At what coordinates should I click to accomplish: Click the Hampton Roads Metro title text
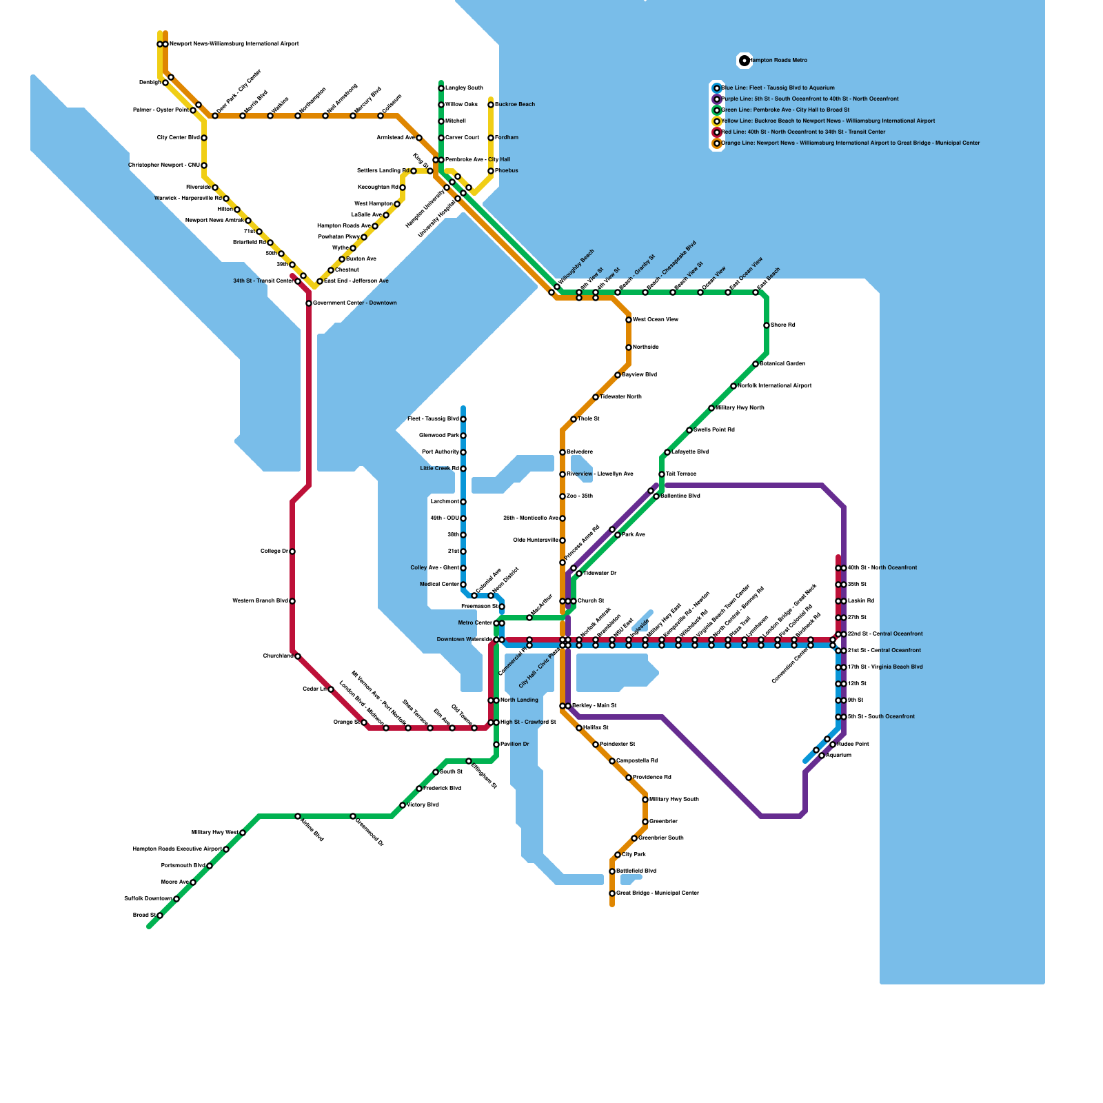778,61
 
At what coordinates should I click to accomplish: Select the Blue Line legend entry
778,88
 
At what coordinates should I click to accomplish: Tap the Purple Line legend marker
717,99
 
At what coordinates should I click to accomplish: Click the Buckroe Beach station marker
491,105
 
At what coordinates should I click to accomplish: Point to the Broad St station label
145,915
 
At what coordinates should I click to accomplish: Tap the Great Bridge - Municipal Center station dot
612,893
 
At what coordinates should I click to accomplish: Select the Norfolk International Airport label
775,386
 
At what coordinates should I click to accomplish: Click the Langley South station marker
441,88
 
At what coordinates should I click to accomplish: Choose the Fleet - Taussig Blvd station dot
463,419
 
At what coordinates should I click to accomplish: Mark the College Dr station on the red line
292,551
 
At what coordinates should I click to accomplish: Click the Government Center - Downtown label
355,303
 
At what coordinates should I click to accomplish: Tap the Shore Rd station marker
767,325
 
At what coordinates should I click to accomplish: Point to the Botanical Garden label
782,364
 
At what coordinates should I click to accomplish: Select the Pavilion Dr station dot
496,745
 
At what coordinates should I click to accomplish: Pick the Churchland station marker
298,656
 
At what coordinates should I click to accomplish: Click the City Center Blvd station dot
204,138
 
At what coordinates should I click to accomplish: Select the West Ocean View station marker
629,320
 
